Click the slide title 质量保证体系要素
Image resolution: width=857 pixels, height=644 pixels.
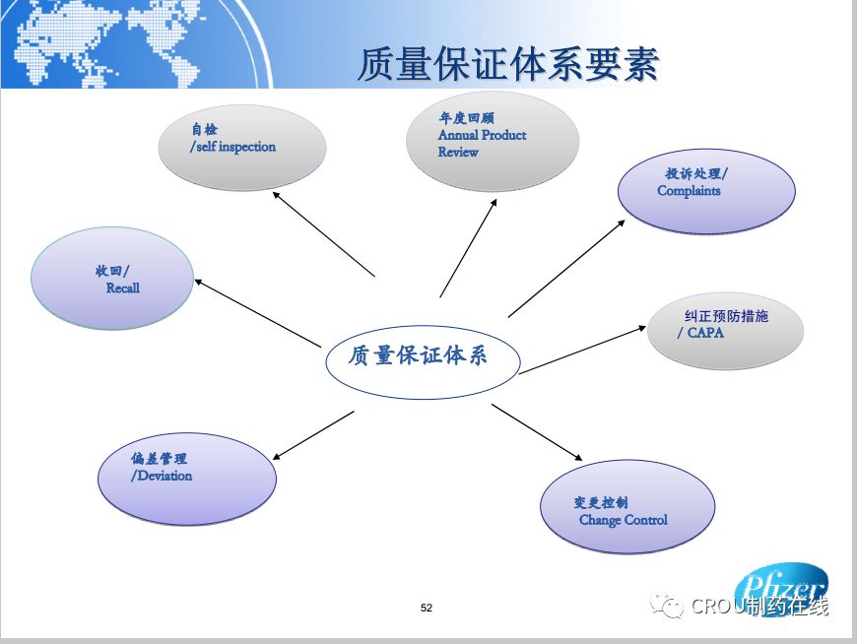(x=507, y=65)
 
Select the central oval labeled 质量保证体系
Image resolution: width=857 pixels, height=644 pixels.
(x=423, y=355)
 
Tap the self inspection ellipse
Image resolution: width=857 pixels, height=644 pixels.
(x=242, y=148)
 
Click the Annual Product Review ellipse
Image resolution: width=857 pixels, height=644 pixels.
(x=493, y=142)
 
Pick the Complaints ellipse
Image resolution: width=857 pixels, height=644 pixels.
(x=706, y=191)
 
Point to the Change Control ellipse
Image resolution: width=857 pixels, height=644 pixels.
(x=627, y=508)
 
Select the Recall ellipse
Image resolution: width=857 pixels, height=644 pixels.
(x=112, y=279)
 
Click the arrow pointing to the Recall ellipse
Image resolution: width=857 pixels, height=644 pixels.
(x=258, y=312)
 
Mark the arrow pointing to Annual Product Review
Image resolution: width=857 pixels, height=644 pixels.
(x=468, y=246)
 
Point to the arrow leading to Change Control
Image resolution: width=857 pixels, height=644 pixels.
(x=538, y=432)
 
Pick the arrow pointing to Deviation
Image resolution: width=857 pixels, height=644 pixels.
(x=312, y=435)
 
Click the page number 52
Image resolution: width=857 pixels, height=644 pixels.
(x=427, y=608)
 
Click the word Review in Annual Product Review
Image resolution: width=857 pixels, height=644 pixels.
(x=458, y=153)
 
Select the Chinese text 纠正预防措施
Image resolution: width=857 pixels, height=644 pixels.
(x=726, y=317)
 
